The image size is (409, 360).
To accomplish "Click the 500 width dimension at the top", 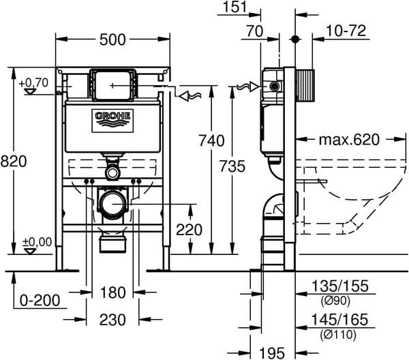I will click(x=112, y=40).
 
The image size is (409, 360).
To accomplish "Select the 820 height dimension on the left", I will click(x=13, y=162).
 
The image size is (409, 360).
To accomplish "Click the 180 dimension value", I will click(x=113, y=292).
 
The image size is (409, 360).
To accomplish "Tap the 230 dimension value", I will click(x=113, y=320).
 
